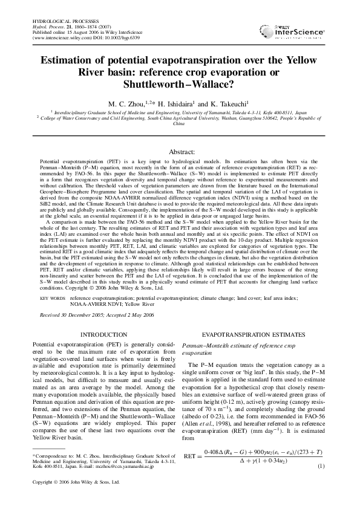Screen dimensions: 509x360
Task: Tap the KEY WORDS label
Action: (x=53, y=299)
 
